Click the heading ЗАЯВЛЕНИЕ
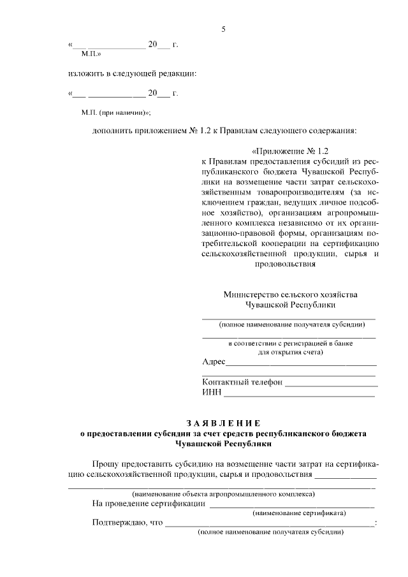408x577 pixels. point(223,423)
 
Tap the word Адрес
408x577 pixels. point(213,362)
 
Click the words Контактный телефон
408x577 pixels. point(242,383)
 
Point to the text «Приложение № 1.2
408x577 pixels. point(289,151)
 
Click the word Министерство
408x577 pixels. point(251,295)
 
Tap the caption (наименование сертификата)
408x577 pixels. point(299,512)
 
